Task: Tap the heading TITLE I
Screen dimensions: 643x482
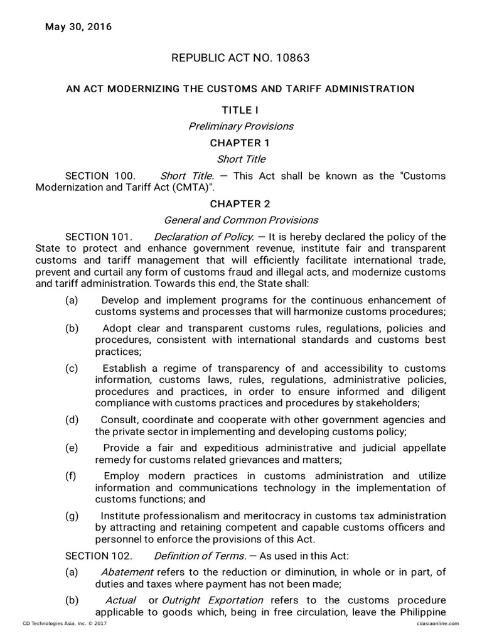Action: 241,110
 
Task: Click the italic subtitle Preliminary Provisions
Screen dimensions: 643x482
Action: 241,126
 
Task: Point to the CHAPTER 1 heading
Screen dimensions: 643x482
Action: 241,143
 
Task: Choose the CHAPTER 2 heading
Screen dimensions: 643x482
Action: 241,203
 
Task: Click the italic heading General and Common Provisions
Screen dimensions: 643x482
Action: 241,220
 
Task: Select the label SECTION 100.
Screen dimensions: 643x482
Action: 100,176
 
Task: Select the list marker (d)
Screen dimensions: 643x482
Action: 72,419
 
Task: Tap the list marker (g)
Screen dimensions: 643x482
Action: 72,516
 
